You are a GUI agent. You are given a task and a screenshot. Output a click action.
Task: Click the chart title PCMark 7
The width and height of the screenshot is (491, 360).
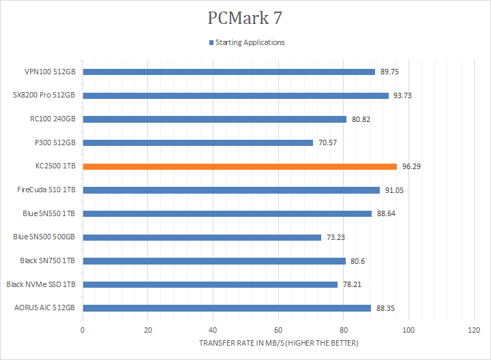pyautogui.click(x=245, y=17)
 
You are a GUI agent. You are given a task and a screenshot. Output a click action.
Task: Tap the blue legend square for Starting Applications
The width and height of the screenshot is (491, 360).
pyautogui.click(x=211, y=42)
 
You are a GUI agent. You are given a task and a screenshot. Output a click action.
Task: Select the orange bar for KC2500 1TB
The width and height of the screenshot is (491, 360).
pyautogui.click(x=239, y=166)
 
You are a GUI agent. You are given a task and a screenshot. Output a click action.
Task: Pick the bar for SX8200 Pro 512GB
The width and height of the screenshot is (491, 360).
pyautogui.click(x=235, y=95)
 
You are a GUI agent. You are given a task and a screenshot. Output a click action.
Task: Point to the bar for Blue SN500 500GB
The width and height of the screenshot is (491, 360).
pyautogui.click(x=202, y=237)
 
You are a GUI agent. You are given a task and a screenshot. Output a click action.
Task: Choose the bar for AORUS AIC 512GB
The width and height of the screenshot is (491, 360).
pyautogui.click(x=226, y=308)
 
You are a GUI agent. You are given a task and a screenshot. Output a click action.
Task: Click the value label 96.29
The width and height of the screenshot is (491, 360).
pyautogui.click(x=411, y=166)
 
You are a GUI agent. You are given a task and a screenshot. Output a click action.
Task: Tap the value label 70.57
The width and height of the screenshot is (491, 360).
pyautogui.click(x=327, y=142)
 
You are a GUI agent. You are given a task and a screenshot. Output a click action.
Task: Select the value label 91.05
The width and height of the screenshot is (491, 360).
pyautogui.click(x=394, y=190)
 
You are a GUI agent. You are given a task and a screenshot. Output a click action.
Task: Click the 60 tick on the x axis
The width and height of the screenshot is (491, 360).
pyautogui.click(x=278, y=330)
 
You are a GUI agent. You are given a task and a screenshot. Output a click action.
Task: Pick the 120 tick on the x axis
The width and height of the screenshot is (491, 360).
pyautogui.click(x=474, y=330)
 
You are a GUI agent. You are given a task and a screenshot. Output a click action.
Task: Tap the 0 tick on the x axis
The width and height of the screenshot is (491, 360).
pyautogui.click(x=83, y=330)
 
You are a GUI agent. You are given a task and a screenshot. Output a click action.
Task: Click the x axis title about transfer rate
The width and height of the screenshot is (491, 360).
pyautogui.click(x=278, y=342)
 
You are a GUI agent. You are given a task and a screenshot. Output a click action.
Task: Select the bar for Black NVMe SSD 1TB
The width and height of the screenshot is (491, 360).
pyautogui.click(x=210, y=284)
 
